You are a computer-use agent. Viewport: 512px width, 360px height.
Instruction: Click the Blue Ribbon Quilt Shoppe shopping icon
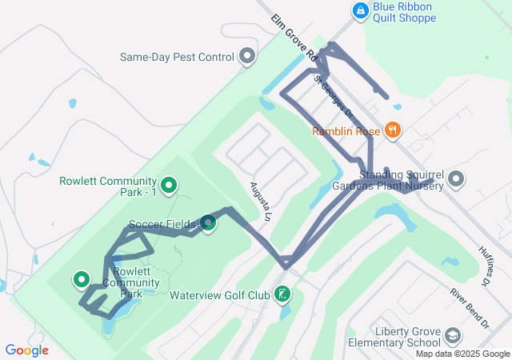(361, 10)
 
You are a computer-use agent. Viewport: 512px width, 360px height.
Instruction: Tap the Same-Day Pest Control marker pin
(247, 57)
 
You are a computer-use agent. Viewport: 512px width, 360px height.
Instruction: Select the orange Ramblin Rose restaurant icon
(393, 130)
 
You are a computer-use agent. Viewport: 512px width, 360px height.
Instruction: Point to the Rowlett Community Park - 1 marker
(169, 186)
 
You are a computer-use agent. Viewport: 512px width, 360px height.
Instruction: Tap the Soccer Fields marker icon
(207, 223)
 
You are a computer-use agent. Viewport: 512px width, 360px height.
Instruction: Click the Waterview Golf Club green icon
(282, 295)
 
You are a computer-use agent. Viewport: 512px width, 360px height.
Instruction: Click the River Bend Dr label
(469, 307)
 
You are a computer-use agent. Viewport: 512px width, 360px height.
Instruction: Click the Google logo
(26, 350)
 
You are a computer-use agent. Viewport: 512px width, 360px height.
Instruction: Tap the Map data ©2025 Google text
(462, 354)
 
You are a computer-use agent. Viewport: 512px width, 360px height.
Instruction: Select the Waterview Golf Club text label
(220, 295)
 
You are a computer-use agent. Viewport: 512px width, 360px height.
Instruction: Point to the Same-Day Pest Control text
(177, 57)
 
